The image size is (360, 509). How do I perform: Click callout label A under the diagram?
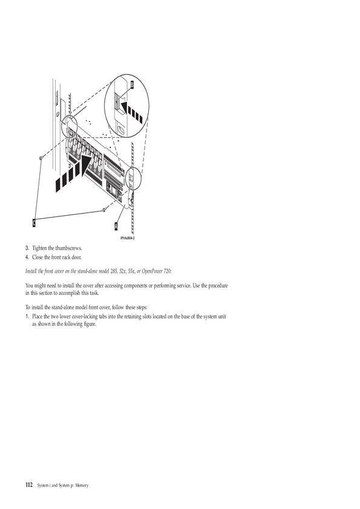[x=116, y=226]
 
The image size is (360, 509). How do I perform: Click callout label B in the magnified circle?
[x=133, y=85]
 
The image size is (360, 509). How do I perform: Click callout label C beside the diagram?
[x=34, y=222]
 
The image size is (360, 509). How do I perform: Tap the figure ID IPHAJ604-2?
[x=128, y=238]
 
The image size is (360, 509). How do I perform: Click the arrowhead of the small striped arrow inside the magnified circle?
[x=124, y=106]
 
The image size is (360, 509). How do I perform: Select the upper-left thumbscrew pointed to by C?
[x=41, y=158]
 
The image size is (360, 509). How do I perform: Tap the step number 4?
[x=27, y=258]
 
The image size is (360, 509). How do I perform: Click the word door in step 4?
[x=77, y=258]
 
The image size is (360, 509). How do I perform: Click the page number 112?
[x=29, y=485]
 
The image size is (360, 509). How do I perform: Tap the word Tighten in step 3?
[x=39, y=248]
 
